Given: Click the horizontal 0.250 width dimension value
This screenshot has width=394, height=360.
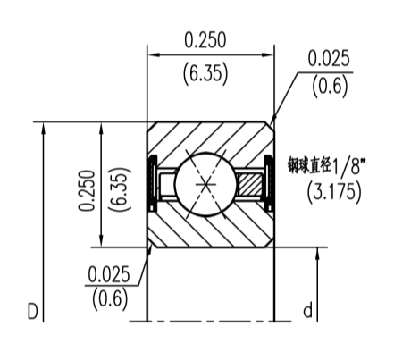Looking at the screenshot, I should coord(205,39).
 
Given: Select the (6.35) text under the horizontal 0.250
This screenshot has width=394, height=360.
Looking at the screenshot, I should coord(205,72).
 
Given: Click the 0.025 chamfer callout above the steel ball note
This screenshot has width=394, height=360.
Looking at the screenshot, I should coord(329,59).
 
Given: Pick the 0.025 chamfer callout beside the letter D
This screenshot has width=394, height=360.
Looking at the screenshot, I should coord(108,272).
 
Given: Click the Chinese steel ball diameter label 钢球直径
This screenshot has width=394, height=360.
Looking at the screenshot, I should coord(309,165).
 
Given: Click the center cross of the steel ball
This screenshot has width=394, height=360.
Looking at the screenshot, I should coord(206,183).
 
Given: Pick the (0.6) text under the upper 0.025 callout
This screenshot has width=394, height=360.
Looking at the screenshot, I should coord(329,87).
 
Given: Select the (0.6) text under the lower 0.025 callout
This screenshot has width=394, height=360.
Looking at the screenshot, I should coord(108,297).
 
